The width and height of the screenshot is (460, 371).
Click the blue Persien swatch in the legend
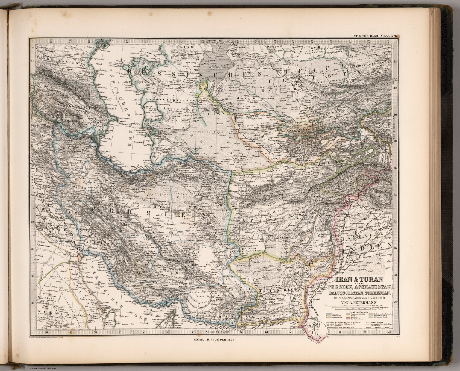coord(329,313)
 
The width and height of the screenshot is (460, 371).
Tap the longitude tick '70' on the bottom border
coord(340,332)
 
